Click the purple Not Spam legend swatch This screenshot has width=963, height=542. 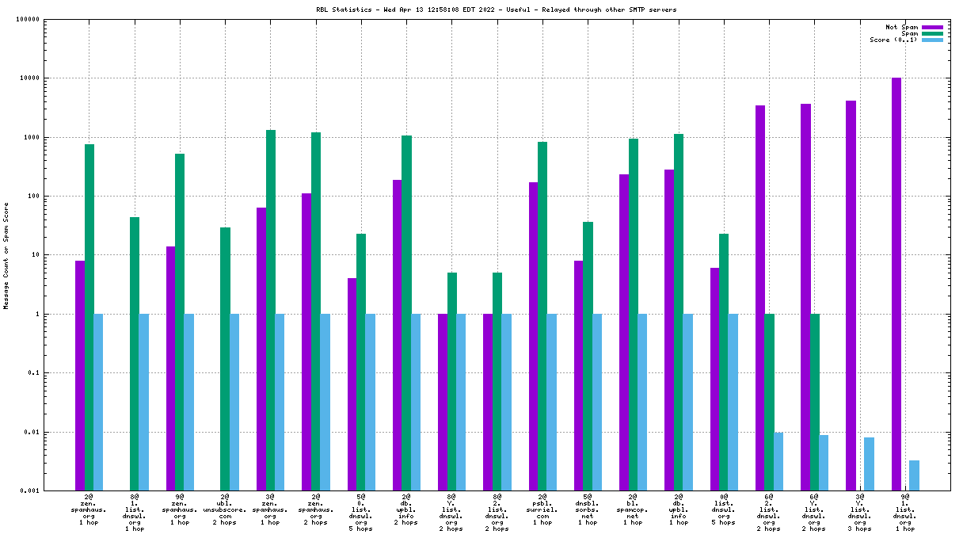[x=932, y=27]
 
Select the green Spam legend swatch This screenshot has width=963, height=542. [x=932, y=33]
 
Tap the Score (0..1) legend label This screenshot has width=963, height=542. [x=893, y=40]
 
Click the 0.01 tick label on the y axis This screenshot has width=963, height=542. [x=31, y=433]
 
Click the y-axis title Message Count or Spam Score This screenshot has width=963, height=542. [x=6, y=255]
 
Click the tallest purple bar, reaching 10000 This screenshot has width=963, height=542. [x=896, y=284]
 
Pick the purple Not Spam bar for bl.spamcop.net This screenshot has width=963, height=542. [x=624, y=333]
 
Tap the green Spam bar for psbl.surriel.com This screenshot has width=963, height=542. [x=542, y=316]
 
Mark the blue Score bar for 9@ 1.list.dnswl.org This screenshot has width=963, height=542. [x=914, y=475]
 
